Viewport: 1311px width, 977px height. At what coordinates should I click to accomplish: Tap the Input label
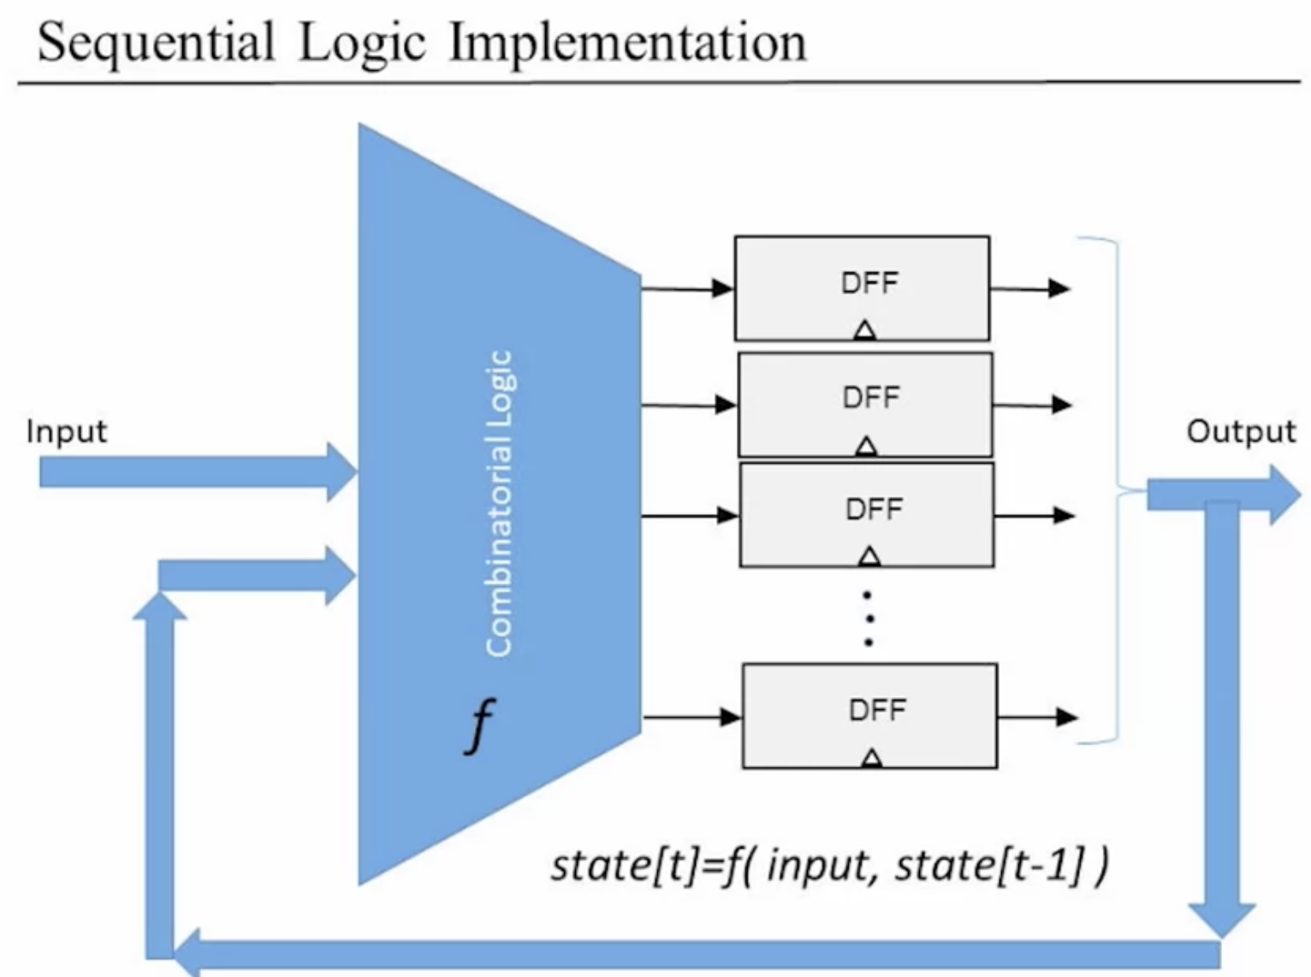pos(67,432)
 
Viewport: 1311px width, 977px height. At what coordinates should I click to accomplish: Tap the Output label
pos(1241,431)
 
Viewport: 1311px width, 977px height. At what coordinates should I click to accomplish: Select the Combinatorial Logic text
pos(499,504)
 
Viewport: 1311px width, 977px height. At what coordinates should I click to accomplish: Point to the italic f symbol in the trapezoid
pos(479,725)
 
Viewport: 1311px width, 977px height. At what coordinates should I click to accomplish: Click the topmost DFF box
pos(862,289)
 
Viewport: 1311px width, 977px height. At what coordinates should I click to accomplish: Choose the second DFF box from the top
pos(865,406)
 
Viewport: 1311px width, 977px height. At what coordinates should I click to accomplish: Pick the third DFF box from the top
pos(867,514)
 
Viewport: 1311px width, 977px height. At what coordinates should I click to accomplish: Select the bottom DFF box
pos(869,715)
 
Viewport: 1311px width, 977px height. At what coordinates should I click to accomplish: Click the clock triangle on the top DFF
pos(865,330)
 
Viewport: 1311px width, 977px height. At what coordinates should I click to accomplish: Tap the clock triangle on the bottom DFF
pos(872,757)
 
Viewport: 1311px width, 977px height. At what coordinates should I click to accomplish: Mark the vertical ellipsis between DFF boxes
pos(869,619)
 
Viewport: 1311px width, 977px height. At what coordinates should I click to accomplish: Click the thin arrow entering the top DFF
pos(687,289)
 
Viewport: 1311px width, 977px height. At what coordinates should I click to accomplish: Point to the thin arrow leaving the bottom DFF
pos(1037,717)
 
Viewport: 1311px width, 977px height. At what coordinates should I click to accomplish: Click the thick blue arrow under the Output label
pos(1224,494)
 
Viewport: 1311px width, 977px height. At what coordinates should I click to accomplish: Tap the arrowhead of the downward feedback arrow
pos(1222,919)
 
